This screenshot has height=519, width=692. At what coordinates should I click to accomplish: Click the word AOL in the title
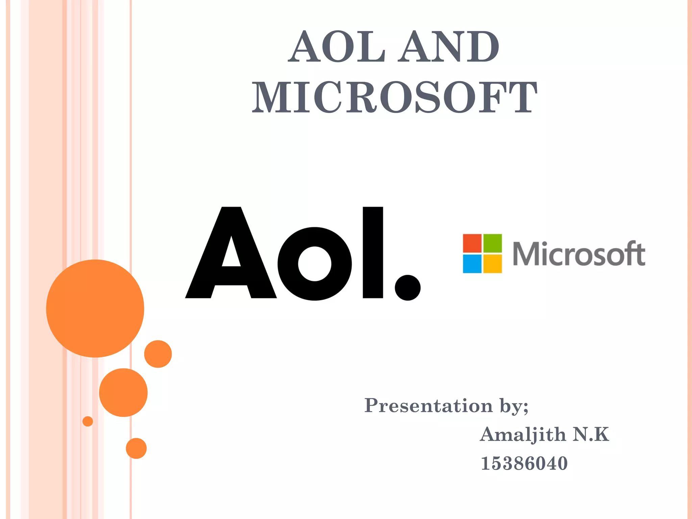pyautogui.click(x=337, y=47)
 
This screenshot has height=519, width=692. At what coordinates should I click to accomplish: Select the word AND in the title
pyautogui.click(x=448, y=47)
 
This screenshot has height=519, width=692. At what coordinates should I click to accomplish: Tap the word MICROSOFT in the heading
pyautogui.click(x=394, y=98)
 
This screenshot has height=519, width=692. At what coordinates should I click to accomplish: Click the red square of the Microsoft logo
pyautogui.click(x=472, y=243)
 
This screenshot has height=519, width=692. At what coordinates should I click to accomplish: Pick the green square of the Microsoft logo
pyautogui.click(x=493, y=243)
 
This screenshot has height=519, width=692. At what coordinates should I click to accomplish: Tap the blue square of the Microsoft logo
pyautogui.click(x=472, y=264)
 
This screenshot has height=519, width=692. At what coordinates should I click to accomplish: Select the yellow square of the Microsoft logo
pyautogui.click(x=493, y=264)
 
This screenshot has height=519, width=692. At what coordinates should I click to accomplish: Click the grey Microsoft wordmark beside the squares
pyautogui.click(x=579, y=254)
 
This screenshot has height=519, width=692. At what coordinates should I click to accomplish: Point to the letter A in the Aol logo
pyautogui.click(x=231, y=253)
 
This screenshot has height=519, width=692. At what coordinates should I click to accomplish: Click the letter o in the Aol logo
pyautogui.click(x=314, y=264)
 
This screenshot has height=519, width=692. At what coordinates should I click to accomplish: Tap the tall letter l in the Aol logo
pyautogui.click(x=373, y=252)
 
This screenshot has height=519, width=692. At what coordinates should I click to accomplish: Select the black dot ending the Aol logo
pyautogui.click(x=407, y=288)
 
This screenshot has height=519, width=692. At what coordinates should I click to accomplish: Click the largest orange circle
pyautogui.click(x=95, y=308)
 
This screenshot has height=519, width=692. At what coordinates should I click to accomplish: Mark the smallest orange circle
pyautogui.click(x=88, y=421)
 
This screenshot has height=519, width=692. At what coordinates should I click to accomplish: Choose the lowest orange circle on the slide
pyautogui.click(x=136, y=448)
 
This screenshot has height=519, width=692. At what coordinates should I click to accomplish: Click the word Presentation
pyautogui.click(x=428, y=405)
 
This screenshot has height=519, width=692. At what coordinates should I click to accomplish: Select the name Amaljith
pyautogui.click(x=523, y=435)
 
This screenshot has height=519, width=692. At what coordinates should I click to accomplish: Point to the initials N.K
pyautogui.click(x=591, y=434)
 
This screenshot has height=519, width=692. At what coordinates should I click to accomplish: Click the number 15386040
pyautogui.click(x=524, y=463)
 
